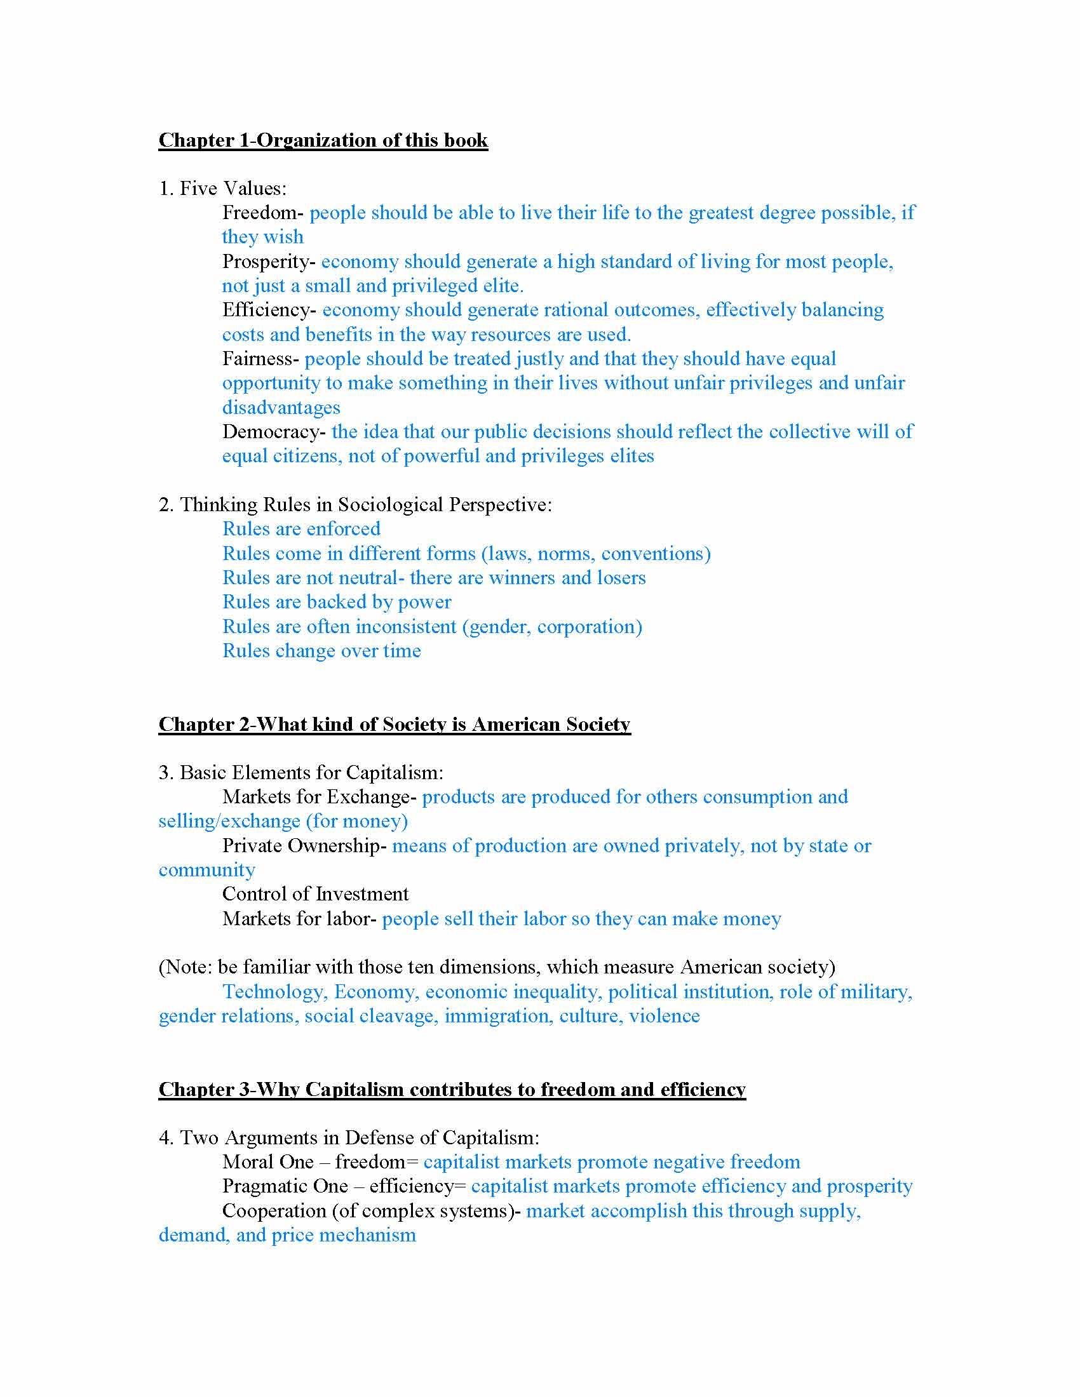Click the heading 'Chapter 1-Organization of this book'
point(323,140)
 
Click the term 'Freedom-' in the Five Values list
point(263,212)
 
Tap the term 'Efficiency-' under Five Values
point(269,310)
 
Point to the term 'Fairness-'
point(260,359)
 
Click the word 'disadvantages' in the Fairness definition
point(281,408)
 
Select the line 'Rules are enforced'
point(301,529)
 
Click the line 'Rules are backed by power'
point(337,602)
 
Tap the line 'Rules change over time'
point(321,650)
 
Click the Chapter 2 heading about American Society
point(394,724)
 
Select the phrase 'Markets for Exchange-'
point(320,797)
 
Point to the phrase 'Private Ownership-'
point(304,846)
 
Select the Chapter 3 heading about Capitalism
point(452,1089)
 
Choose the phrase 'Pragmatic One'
point(285,1187)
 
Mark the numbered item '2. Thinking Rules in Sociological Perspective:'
point(355,505)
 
